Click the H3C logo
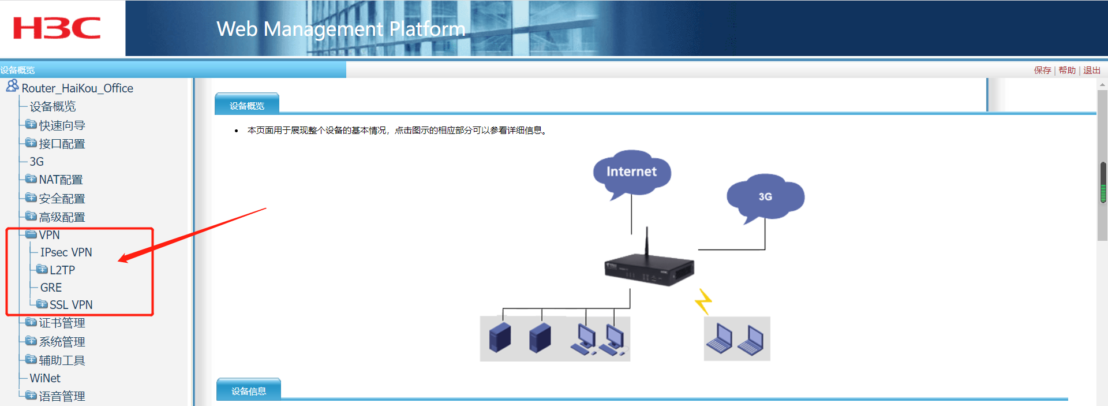tap(57, 28)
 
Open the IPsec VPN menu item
tap(66, 252)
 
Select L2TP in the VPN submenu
tap(62, 270)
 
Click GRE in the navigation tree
tap(51, 288)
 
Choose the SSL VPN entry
tap(71, 305)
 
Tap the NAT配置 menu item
tap(61, 180)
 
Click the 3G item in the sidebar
tap(36, 162)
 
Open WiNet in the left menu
tap(45, 378)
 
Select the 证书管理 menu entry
tap(62, 323)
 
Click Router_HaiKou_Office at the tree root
tap(77, 88)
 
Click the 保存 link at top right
tap(1042, 70)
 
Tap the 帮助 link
tap(1067, 70)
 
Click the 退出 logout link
tap(1092, 70)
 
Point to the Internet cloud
tap(632, 173)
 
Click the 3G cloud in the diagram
tap(765, 198)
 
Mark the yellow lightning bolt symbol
tap(703, 301)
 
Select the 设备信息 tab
tap(249, 391)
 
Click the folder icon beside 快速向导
tap(31, 125)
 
